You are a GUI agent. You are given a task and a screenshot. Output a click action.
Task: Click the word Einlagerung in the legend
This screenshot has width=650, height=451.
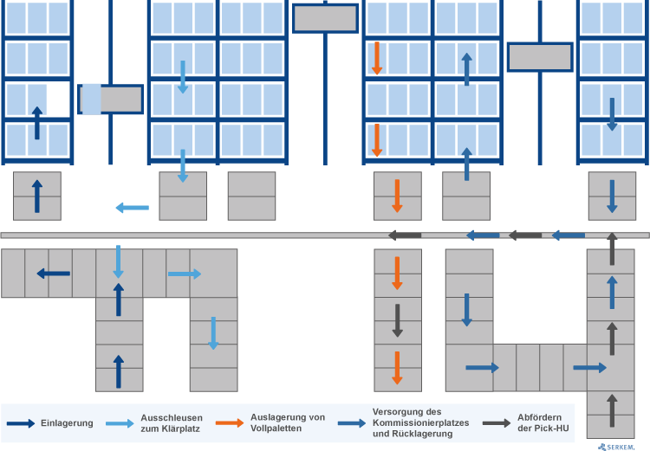click(x=67, y=423)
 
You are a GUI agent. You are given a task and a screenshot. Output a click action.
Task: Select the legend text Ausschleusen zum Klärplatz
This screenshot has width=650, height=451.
click(x=172, y=423)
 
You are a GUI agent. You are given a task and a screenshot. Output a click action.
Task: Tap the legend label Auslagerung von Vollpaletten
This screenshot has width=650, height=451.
click(x=287, y=422)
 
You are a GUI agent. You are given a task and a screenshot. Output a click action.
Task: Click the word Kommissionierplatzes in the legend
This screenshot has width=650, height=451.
click(x=420, y=422)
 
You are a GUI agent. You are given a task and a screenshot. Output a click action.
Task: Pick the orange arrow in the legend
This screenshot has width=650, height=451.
click(x=230, y=423)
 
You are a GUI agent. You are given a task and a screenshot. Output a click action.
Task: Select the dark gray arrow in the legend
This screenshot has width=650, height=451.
click(x=497, y=423)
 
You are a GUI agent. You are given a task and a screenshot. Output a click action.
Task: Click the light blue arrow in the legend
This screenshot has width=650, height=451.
click(x=120, y=423)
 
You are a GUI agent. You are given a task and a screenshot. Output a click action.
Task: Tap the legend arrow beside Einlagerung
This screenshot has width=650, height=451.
click(x=21, y=423)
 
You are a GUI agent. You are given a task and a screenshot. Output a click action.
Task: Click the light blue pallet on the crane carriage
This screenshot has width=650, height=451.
click(x=92, y=100)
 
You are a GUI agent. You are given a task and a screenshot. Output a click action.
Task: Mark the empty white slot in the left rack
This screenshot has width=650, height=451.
click(x=58, y=100)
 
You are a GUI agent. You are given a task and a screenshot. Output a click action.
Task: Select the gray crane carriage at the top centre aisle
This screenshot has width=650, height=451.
click(x=325, y=18)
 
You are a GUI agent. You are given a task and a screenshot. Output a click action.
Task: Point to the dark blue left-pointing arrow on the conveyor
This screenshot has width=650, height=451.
click(x=54, y=274)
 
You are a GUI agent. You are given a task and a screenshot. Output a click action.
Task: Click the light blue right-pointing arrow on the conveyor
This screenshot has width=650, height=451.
click(x=185, y=274)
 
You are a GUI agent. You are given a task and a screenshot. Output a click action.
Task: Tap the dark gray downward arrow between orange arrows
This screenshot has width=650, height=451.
click(x=398, y=320)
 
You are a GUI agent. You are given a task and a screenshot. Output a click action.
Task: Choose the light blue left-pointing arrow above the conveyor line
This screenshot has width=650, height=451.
click(x=133, y=208)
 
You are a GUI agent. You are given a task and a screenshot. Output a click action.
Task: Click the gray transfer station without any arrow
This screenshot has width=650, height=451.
click(x=251, y=196)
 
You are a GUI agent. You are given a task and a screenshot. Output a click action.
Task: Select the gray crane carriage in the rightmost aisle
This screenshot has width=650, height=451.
click(x=540, y=57)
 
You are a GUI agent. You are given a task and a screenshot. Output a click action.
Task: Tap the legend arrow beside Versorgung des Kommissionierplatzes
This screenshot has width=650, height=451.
click(x=352, y=423)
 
